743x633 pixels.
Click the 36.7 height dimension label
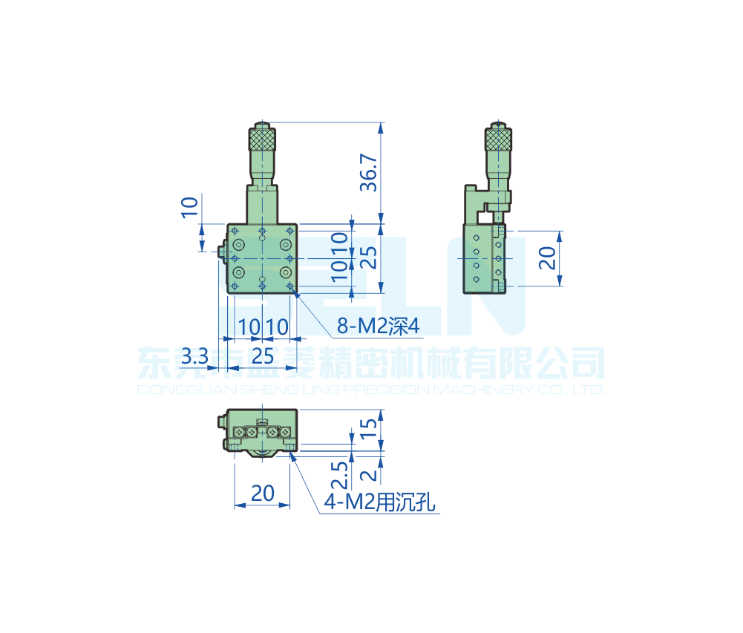(x=369, y=172)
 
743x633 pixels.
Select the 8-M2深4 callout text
(x=378, y=326)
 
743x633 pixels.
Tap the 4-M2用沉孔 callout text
(x=379, y=502)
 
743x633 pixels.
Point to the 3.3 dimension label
(x=194, y=356)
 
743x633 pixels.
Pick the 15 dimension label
(x=369, y=428)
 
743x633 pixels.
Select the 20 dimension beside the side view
(x=547, y=258)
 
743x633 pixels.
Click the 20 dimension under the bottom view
(x=263, y=493)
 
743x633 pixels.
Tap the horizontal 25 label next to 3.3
(x=263, y=356)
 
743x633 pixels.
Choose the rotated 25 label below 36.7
(x=369, y=258)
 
